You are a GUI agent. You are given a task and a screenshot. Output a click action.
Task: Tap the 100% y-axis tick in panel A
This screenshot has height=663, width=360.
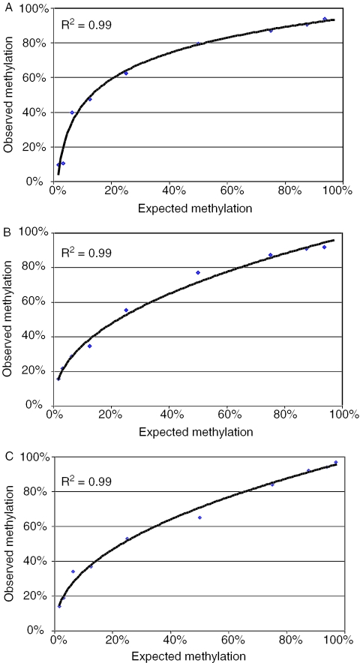34,8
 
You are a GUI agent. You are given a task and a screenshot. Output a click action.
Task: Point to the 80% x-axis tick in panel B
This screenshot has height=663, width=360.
284,414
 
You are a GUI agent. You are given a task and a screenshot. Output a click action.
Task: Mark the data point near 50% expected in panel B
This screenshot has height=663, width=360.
198,272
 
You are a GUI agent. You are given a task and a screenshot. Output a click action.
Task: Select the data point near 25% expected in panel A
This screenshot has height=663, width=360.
126,73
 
